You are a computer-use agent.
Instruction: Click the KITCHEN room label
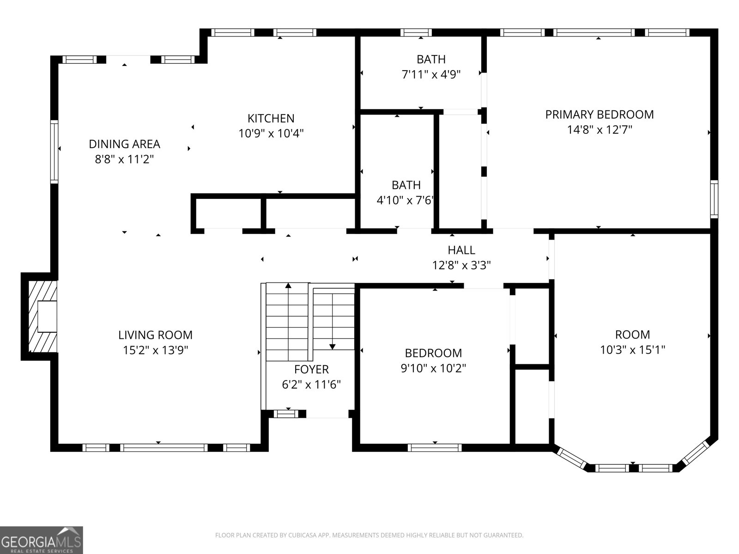tap(271, 118)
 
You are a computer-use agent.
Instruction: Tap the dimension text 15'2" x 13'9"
tap(155, 350)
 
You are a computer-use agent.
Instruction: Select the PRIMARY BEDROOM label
tap(599, 114)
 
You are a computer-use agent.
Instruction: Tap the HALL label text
tap(461, 250)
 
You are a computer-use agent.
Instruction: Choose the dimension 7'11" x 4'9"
tap(431, 74)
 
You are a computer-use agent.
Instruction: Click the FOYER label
tap(311, 369)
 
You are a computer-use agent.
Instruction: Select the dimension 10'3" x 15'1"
tap(632, 349)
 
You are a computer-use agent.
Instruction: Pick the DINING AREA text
tap(124, 144)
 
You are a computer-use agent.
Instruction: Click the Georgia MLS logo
tap(42, 540)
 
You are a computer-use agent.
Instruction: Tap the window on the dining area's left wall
tap(55, 151)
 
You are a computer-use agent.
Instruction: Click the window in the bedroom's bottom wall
tap(434, 447)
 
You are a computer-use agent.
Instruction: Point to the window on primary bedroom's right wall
tap(714, 199)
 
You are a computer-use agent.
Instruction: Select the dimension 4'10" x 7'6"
tap(406, 200)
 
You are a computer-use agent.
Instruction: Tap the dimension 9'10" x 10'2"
tap(433, 368)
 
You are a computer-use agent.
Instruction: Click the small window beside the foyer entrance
tap(286, 414)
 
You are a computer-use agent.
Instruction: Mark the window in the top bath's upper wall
tap(416, 32)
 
